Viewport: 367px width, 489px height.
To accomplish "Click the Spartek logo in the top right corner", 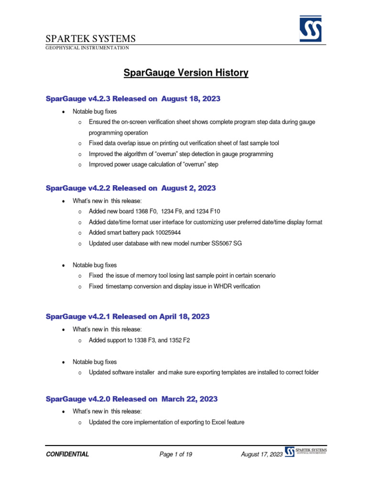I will click(x=310, y=29).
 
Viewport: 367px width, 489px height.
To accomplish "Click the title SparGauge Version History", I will click(x=186, y=73).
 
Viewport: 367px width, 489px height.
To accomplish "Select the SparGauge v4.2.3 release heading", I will click(x=133, y=99).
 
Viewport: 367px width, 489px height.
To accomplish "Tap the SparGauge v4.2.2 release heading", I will click(x=130, y=188).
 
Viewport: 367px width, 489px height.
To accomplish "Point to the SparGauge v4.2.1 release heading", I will click(x=127, y=317).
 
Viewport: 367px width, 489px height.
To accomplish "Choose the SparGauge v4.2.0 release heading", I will click(x=131, y=399).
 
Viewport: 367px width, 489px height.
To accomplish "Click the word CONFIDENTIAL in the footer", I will click(x=67, y=454).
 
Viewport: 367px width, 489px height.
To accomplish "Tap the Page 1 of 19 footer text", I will click(x=176, y=454).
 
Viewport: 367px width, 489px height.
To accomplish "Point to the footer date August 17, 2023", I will click(x=262, y=454).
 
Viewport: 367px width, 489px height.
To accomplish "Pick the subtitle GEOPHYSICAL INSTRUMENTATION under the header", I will click(x=87, y=48).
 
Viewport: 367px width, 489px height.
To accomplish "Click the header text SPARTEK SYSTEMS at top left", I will click(x=90, y=39).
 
